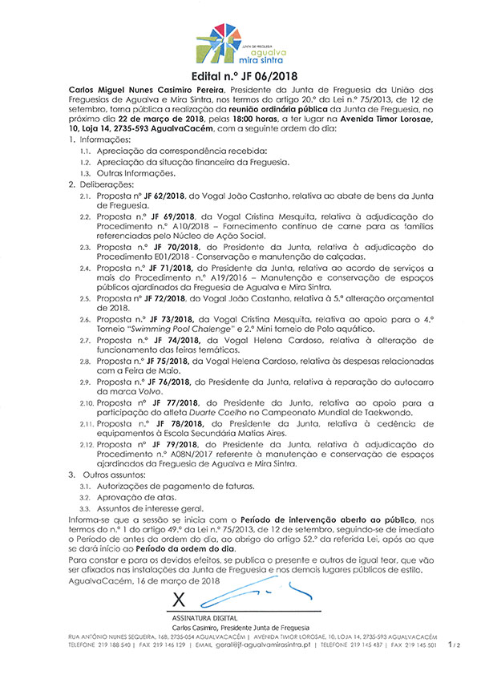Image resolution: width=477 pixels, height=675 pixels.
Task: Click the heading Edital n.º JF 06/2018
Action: coord(238,75)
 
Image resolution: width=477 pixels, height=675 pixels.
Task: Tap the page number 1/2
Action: coord(454,644)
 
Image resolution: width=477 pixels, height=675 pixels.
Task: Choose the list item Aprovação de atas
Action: coord(129,497)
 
